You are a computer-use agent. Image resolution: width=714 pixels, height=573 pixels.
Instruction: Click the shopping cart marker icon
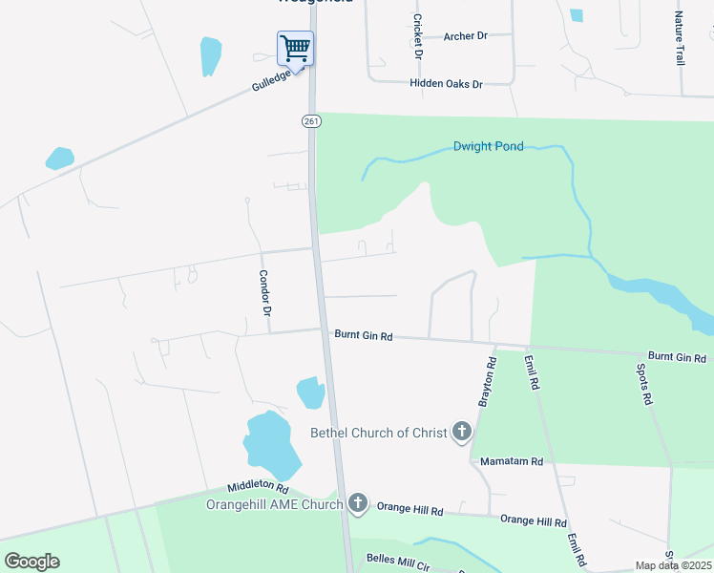pyautogui.click(x=296, y=47)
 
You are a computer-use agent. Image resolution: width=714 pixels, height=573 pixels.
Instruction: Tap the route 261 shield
pyautogui.click(x=311, y=120)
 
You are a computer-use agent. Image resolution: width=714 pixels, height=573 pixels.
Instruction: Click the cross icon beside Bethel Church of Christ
pyautogui.click(x=462, y=433)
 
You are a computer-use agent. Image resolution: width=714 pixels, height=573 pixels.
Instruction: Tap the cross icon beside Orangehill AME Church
pyautogui.click(x=358, y=502)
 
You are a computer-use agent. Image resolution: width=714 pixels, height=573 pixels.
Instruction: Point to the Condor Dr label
pyautogui.click(x=266, y=293)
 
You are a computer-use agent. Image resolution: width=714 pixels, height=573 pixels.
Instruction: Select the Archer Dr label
pyautogui.click(x=466, y=36)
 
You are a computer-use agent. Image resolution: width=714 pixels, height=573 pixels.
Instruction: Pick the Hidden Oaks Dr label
pyautogui.click(x=446, y=84)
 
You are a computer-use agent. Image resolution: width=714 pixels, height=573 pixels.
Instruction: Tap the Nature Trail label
pyautogui.click(x=680, y=38)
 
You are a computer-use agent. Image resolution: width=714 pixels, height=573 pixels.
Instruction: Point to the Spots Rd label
pyautogui.click(x=646, y=382)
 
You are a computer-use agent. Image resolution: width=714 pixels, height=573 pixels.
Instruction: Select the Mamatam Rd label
pyautogui.click(x=511, y=461)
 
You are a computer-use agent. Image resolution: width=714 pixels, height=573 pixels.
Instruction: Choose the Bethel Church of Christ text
pyautogui.click(x=379, y=433)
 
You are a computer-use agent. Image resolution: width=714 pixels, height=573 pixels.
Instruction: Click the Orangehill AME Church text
pyautogui.click(x=274, y=504)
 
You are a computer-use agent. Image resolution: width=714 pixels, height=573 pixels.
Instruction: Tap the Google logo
pyautogui.click(x=31, y=562)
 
